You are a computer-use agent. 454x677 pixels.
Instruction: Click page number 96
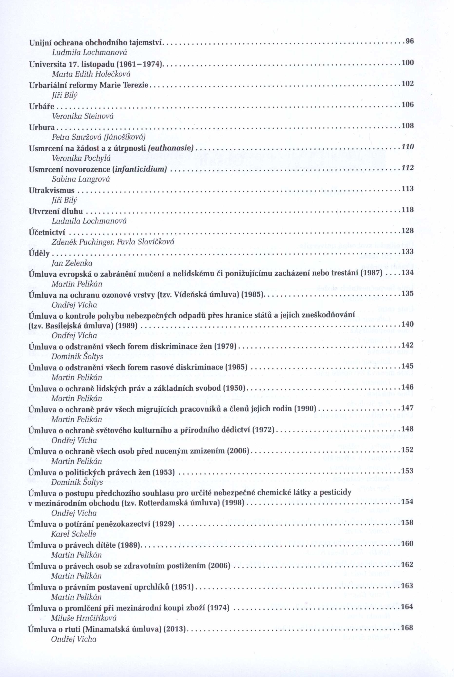pos(409,41)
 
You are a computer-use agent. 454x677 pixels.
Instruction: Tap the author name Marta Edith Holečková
pos(91,74)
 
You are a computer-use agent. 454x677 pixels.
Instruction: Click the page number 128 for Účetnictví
pos(407,231)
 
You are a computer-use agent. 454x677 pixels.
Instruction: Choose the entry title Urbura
pos(42,127)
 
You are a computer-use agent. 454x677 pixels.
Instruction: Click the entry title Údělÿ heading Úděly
pos(39,254)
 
